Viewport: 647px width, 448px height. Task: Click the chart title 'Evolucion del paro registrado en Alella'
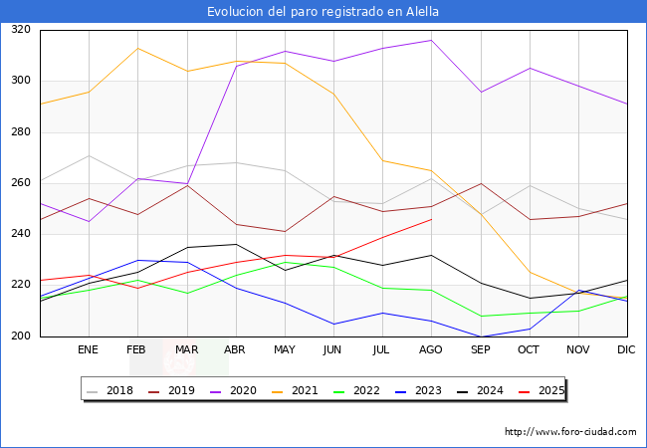(323, 12)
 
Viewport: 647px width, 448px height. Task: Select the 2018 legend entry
(110, 390)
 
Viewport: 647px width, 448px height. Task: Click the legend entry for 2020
(234, 390)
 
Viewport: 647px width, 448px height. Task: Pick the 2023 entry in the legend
(419, 390)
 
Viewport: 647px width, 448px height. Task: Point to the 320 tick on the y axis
(21, 29)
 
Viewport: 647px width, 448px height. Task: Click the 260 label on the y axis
(21, 182)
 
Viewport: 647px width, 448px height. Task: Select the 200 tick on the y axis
(21, 336)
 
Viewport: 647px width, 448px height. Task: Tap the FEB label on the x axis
(136, 349)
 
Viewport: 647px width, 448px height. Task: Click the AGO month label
(431, 349)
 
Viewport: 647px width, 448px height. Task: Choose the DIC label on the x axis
(626, 349)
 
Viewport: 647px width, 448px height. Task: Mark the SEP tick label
(481, 349)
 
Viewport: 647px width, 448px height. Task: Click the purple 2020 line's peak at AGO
(432, 40)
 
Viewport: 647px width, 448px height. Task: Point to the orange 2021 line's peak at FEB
(137, 48)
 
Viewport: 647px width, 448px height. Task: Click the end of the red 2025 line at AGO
(432, 219)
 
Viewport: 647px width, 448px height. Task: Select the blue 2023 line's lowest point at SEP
(481, 336)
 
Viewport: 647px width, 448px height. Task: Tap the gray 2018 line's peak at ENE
(90, 155)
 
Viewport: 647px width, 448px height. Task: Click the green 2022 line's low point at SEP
(481, 316)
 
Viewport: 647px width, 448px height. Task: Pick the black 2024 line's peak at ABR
(236, 244)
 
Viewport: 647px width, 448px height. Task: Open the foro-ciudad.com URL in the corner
(570, 432)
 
